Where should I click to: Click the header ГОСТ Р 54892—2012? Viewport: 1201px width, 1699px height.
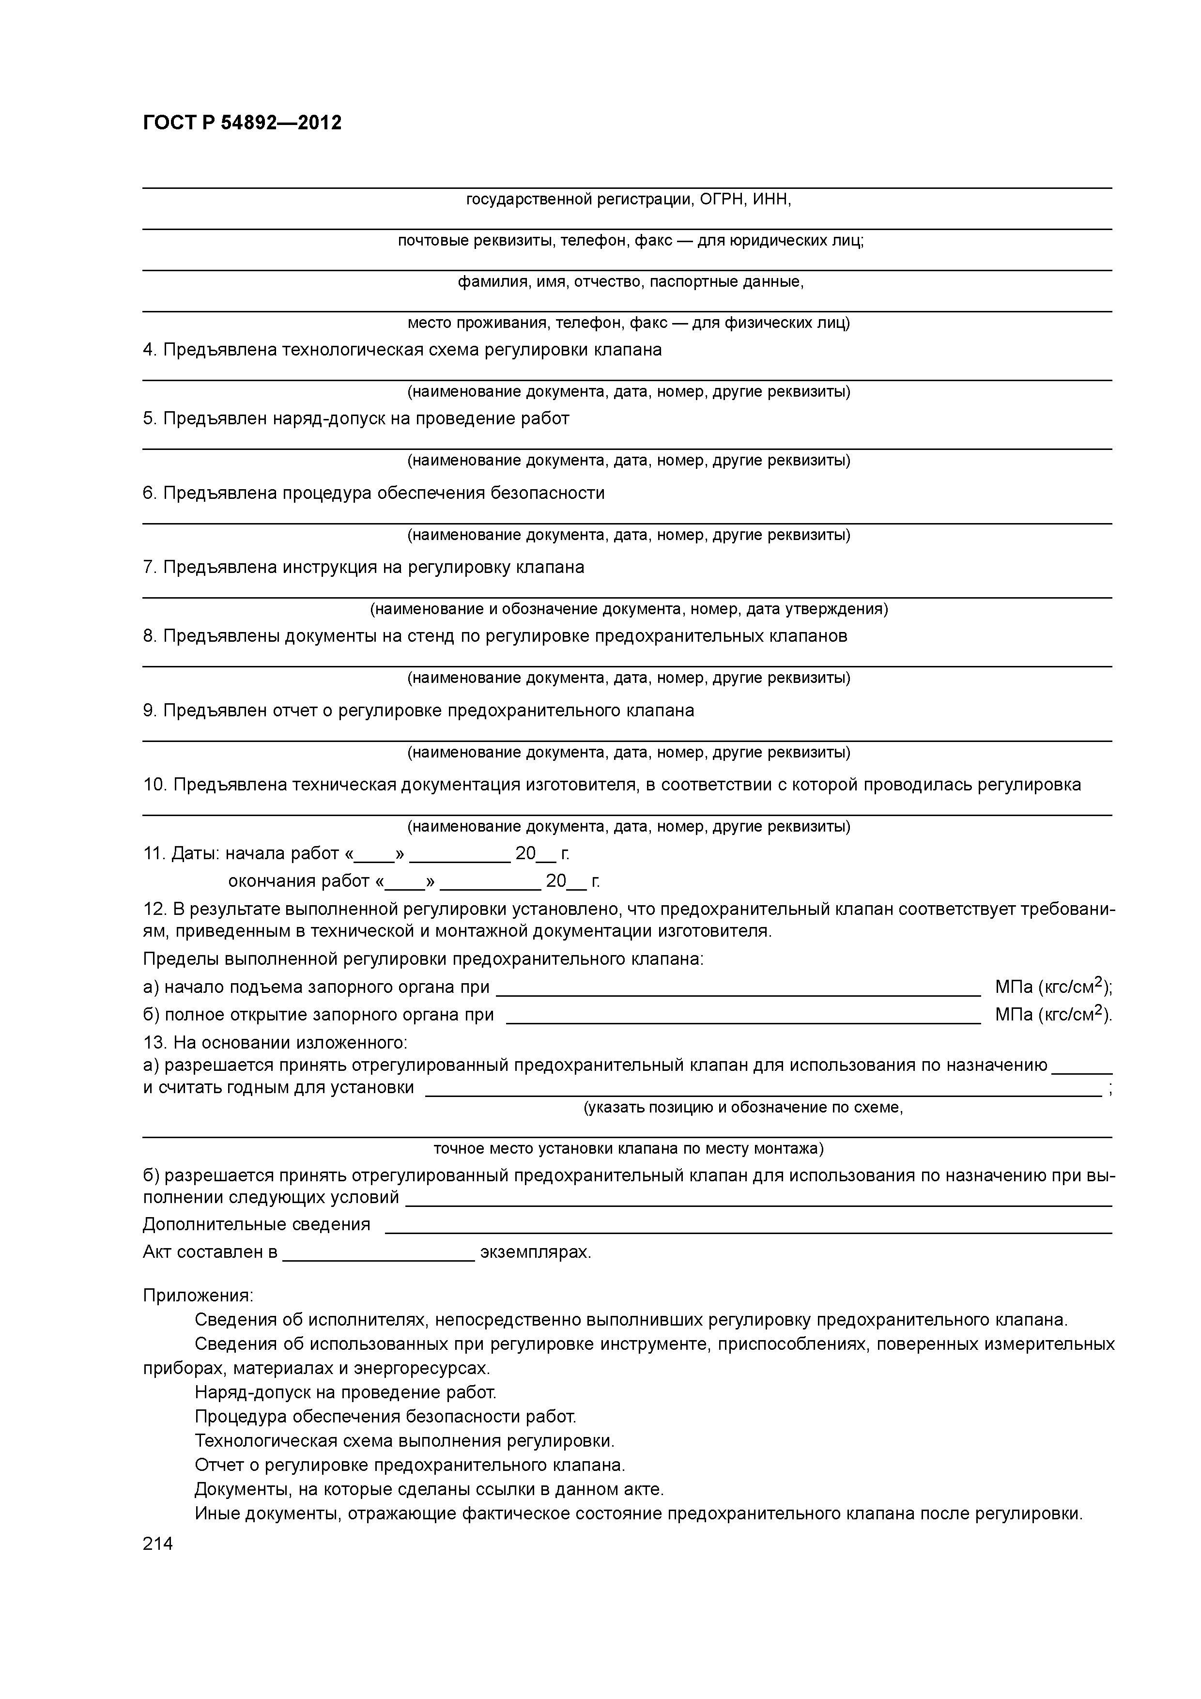pyautogui.click(x=242, y=123)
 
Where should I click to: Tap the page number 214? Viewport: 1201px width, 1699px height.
pyautogui.click(x=157, y=1543)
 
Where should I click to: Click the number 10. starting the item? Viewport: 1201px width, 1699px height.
pyautogui.click(x=154, y=785)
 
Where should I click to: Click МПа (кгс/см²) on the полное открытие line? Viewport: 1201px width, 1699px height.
pyautogui.click(x=1053, y=1015)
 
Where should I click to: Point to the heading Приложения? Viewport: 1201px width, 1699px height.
pyautogui.click(x=198, y=1295)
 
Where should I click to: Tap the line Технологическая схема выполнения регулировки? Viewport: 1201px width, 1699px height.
pyautogui.click(x=404, y=1441)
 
